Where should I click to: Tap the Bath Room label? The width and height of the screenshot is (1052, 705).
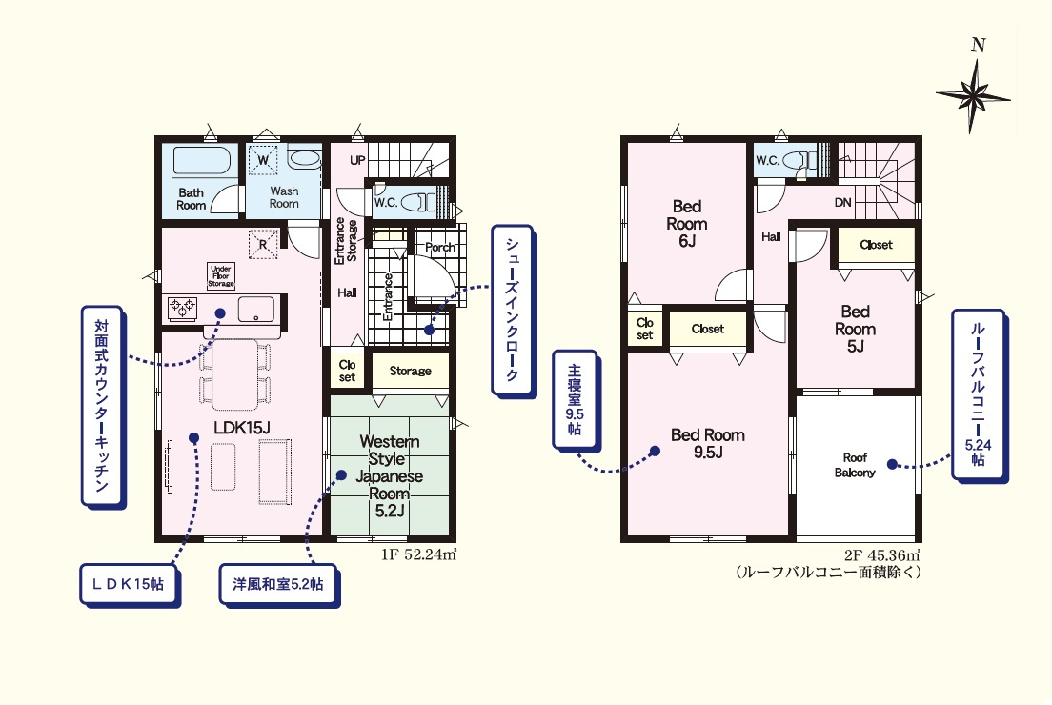click(x=192, y=199)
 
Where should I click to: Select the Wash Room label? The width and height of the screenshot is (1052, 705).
click(x=284, y=197)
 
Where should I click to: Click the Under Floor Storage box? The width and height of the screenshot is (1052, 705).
click(x=221, y=275)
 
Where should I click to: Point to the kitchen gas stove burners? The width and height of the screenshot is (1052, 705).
click(x=183, y=307)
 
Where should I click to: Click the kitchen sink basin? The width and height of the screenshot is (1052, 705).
click(x=256, y=310)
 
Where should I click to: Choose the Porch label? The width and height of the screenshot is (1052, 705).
click(x=440, y=247)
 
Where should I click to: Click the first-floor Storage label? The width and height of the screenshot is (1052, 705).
click(x=410, y=371)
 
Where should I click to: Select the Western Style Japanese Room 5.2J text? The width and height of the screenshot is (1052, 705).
click(x=389, y=476)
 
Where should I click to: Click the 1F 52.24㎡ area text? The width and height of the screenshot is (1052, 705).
click(x=419, y=554)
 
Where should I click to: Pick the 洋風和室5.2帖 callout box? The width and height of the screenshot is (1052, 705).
click(x=278, y=584)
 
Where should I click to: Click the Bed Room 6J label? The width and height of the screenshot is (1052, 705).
click(x=687, y=223)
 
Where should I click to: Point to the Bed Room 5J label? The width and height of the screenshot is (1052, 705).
click(x=856, y=329)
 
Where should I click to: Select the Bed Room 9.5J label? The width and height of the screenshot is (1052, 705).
click(x=708, y=443)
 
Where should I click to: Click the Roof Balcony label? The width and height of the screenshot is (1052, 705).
click(x=855, y=465)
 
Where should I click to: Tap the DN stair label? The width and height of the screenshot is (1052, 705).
click(x=842, y=202)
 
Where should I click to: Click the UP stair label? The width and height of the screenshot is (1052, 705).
click(x=357, y=160)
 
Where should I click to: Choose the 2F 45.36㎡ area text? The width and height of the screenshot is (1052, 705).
click(x=882, y=555)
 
